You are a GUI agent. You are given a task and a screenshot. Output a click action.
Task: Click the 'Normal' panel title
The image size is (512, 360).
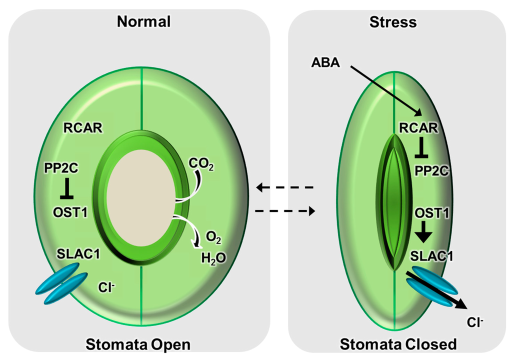pyautogui.click(x=143, y=21)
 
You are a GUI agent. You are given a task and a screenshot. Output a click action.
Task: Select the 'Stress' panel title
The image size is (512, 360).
pyautogui.click(x=394, y=21)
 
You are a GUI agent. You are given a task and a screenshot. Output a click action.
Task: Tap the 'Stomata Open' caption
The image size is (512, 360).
pyautogui.click(x=138, y=344)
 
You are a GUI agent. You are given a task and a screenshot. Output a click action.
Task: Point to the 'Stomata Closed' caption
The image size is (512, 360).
pyautogui.click(x=398, y=344)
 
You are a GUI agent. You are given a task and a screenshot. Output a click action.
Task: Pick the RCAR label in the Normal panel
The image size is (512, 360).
pyautogui.click(x=82, y=128)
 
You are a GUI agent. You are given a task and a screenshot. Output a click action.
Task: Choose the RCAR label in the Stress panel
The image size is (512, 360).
pyautogui.click(x=418, y=128)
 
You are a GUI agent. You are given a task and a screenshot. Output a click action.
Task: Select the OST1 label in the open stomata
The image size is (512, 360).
pyautogui.click(x=70, y=212)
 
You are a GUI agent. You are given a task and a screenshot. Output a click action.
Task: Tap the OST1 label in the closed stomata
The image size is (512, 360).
pyautogui.click(x=430, y=213)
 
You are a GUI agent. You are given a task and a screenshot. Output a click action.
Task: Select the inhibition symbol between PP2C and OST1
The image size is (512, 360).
pyautogui.click(x=66, y=189)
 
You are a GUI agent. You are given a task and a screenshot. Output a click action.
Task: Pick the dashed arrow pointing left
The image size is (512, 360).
pyautogui.click(x=284, y=187)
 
